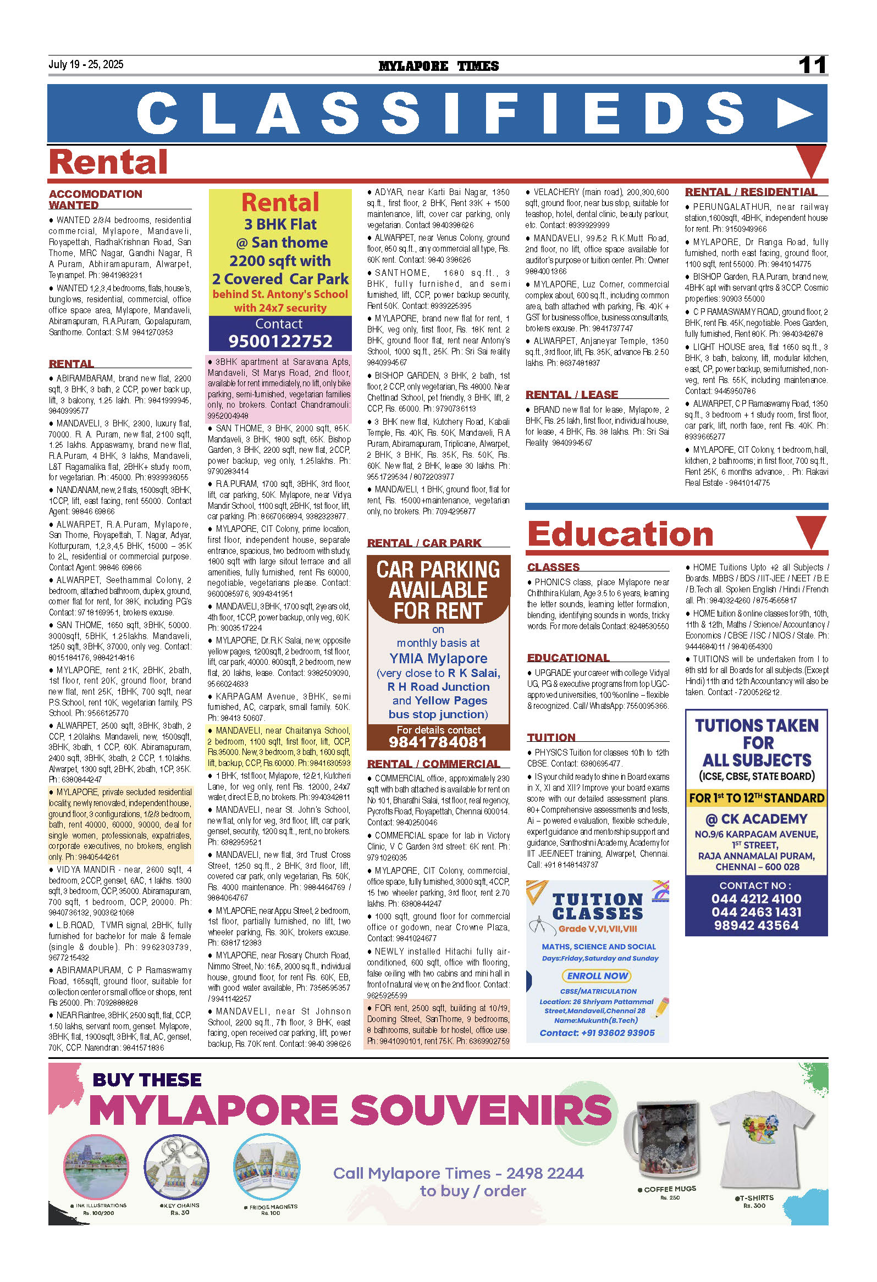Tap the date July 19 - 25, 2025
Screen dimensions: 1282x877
coord(86,64)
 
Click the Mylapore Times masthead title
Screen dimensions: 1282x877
coord(438,66)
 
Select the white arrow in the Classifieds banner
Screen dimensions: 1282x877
coord(794,114)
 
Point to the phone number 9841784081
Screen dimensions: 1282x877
coord(438,742)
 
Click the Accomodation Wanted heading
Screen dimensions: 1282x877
coord(95,199)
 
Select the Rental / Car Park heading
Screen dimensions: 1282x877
coord(424,543)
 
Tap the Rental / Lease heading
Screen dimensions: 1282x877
coord(571,395)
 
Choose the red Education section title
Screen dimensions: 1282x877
coord(620,534)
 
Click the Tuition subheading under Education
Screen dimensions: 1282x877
coord(551,737)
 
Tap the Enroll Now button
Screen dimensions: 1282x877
coord(597,976)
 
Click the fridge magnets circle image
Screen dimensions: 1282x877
coord(267,1168)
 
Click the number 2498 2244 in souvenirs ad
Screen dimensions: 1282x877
coord(545,1173)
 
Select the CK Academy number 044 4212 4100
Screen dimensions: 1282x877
coord(755,898)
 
